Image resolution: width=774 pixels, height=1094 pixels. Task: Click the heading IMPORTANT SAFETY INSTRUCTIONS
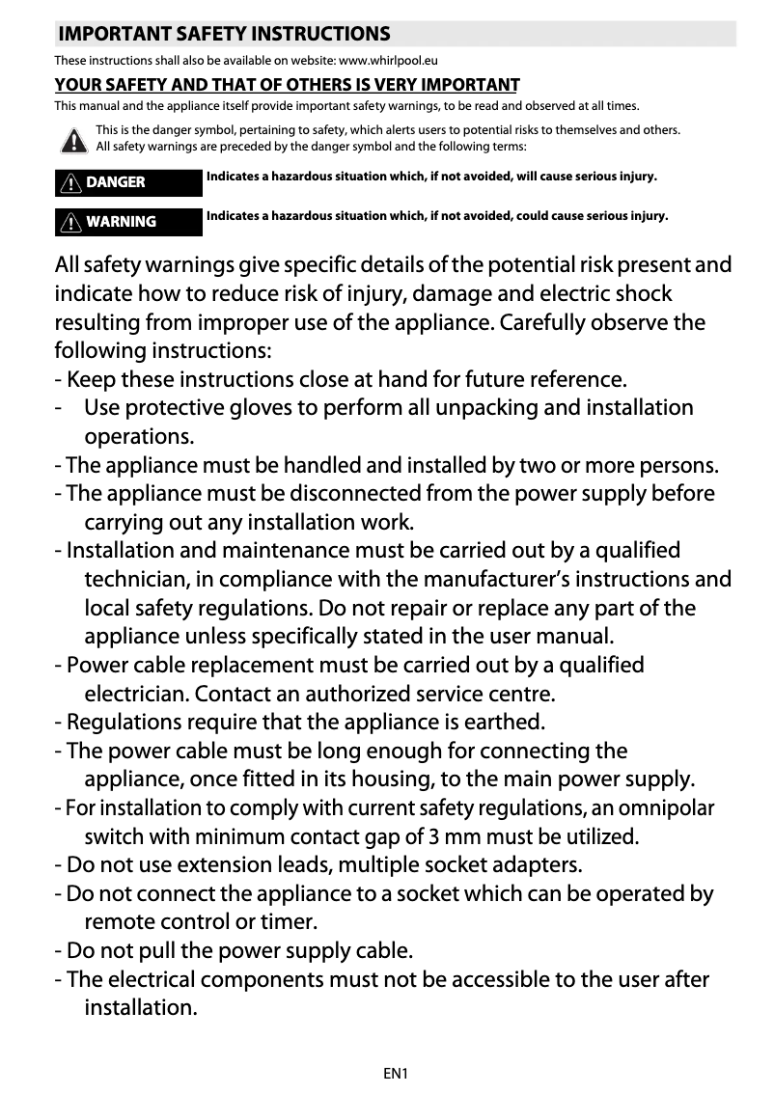coord(224,35)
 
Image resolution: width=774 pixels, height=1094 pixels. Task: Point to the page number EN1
coord(396,1072)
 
